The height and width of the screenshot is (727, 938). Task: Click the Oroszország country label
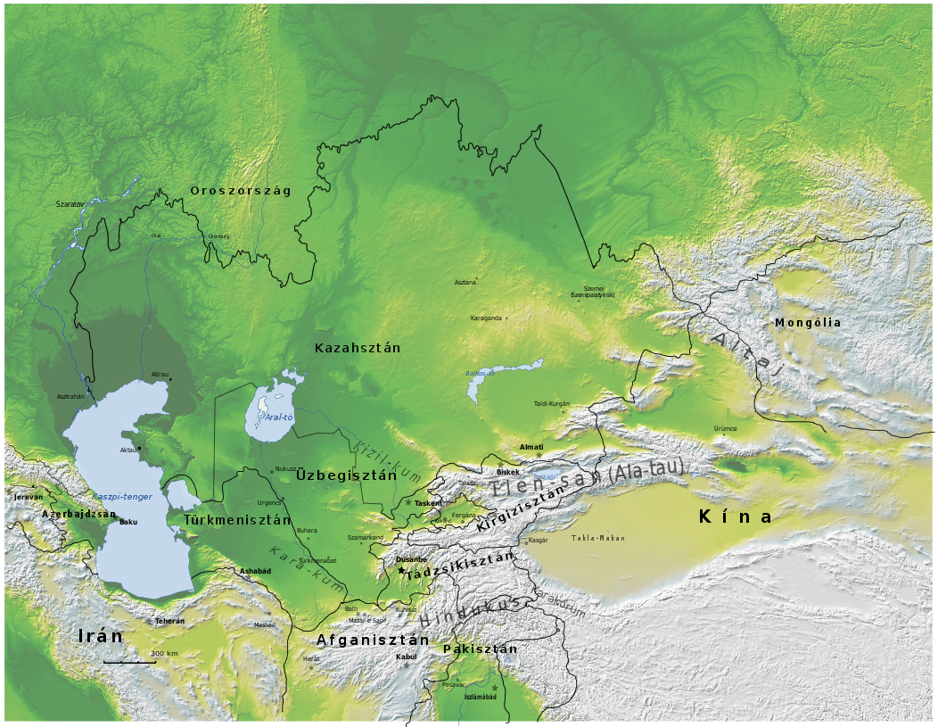click(240, 191)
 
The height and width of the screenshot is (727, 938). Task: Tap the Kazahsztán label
click(358, 348)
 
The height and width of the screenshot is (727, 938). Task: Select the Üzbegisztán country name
click(346, 475)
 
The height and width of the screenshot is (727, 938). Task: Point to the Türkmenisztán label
click(237, 520)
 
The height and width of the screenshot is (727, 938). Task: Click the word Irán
click(100, 636)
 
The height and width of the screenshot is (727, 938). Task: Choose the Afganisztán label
click(373, 640)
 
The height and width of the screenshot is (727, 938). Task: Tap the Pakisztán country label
click(480, 649)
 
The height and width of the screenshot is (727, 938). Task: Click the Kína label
click(736, 516)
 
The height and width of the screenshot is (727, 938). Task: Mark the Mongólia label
click(807, 323)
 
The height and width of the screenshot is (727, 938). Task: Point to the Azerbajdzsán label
click(78, 514)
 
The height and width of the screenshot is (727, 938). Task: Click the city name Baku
click(128, 522)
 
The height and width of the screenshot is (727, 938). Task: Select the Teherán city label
click(169, 621)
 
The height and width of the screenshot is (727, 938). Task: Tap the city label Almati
click(531, 447)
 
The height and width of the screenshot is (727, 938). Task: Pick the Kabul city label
click(406, 657)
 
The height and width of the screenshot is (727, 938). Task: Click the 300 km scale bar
click(129, 662)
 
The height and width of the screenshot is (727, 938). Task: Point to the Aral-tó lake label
click(279, 417)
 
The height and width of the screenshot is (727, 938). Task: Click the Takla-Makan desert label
click(598, 538)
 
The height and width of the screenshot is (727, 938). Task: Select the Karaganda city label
click(486, 318)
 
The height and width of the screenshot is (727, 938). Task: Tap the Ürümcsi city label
click(725, 429)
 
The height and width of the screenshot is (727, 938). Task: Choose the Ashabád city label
click(255, 571)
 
